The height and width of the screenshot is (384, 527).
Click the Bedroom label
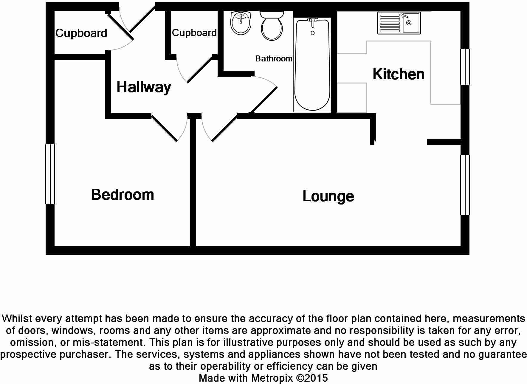pos(123,195)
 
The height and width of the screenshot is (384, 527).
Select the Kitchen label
pos(399,74)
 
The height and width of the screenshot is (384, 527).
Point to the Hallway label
pos(144,88)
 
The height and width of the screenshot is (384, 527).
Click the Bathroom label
pos(274,59)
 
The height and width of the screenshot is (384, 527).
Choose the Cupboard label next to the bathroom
pos(194,33)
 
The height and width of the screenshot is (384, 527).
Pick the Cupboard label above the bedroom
pos(81,33)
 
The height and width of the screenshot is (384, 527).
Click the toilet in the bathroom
pos(272,26)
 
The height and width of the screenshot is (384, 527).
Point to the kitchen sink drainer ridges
pos(390,23)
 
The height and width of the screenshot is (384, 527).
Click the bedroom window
pos(50,174)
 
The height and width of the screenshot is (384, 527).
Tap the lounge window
pos(465,185)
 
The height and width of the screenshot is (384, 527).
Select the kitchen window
pos(465,67)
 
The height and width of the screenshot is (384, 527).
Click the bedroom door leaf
pos(164,128)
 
